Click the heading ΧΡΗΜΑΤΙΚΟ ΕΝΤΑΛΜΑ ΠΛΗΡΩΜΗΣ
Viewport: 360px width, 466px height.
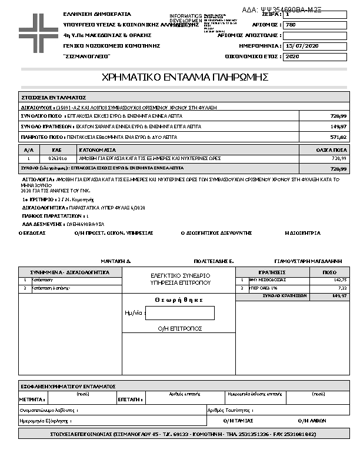pos(185,77)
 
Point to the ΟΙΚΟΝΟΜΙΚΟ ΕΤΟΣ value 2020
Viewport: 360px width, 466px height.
pos(292,56)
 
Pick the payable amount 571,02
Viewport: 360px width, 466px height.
pos(338,137)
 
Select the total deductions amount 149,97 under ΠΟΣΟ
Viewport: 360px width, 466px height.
pos(339,296)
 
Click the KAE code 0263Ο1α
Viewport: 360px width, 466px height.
pos(57,158)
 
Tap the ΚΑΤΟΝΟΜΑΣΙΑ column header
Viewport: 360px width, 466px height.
pos(98,151)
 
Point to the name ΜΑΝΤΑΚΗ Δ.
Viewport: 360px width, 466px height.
pos(115,260)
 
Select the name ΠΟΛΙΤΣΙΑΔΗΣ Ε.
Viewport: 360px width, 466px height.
pos(214,260)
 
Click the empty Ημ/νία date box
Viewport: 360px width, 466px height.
pos(179,313)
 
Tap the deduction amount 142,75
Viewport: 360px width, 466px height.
pos(340,280)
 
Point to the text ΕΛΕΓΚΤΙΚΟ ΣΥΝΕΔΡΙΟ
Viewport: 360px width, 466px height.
pos(180,275)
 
